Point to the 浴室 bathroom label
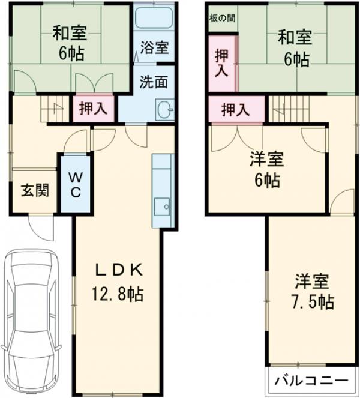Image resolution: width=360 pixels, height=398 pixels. tap(154, 49)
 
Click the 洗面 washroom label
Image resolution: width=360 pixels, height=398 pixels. tap(154, 82)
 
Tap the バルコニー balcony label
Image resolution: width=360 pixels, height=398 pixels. tap(311, 381)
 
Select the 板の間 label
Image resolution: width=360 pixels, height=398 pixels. tap(221, 17)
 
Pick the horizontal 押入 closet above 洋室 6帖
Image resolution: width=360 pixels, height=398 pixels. tap(235, 110)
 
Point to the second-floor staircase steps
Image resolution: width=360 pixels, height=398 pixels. tap(286, 109)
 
